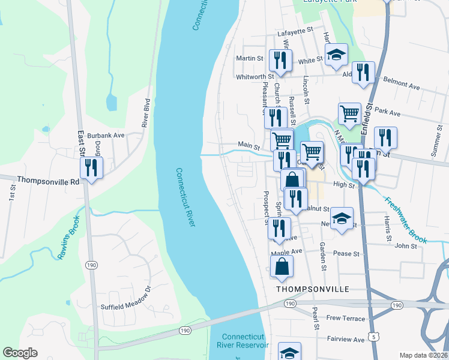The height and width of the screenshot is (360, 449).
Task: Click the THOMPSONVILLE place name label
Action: click(312, 289)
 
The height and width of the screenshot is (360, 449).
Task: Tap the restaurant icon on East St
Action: click(91, 167)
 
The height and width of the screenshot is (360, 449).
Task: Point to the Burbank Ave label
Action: click(105, 136)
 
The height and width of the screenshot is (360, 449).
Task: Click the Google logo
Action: click(20, 353)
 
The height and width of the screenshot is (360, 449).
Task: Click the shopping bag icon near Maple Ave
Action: click(282, 266)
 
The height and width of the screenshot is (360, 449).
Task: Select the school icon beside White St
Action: click(336, 55)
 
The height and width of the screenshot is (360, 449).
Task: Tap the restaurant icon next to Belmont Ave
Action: click(363, 72)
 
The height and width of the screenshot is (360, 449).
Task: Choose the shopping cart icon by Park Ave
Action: click(349, 112)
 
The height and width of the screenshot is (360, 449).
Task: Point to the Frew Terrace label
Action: click(345, 318)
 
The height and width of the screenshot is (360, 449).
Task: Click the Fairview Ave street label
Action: click(346, 339)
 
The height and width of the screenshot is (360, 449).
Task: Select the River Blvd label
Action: click(145, 113)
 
